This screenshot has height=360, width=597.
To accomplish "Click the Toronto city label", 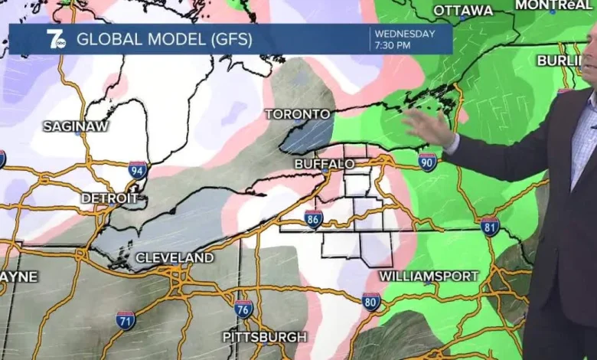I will pos(298,114).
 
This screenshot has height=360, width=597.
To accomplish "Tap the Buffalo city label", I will pos(325,164).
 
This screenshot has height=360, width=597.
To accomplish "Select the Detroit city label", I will pos(109,198).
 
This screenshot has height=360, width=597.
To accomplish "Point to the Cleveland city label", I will pos(175,258).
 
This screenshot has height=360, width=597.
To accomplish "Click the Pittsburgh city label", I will pos(265,337).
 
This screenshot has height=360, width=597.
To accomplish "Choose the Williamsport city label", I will pos(429,276).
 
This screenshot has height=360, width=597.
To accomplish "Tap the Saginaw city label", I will pos(75,126).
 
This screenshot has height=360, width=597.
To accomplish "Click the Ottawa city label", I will pos(463,11).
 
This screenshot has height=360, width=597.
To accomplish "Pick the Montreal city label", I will pos(553,5).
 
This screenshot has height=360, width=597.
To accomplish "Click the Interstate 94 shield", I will pos(138,170).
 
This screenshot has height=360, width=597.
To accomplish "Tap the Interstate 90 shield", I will pos(428,161).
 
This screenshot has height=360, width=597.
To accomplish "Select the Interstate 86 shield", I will pos(313,220).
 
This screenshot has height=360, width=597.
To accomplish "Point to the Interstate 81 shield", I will pos(490,226).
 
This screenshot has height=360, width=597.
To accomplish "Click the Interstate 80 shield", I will pos(371,301).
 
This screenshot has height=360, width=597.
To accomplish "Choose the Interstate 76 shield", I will pos(244,309).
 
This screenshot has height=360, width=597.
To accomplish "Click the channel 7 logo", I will pos(56,39).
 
